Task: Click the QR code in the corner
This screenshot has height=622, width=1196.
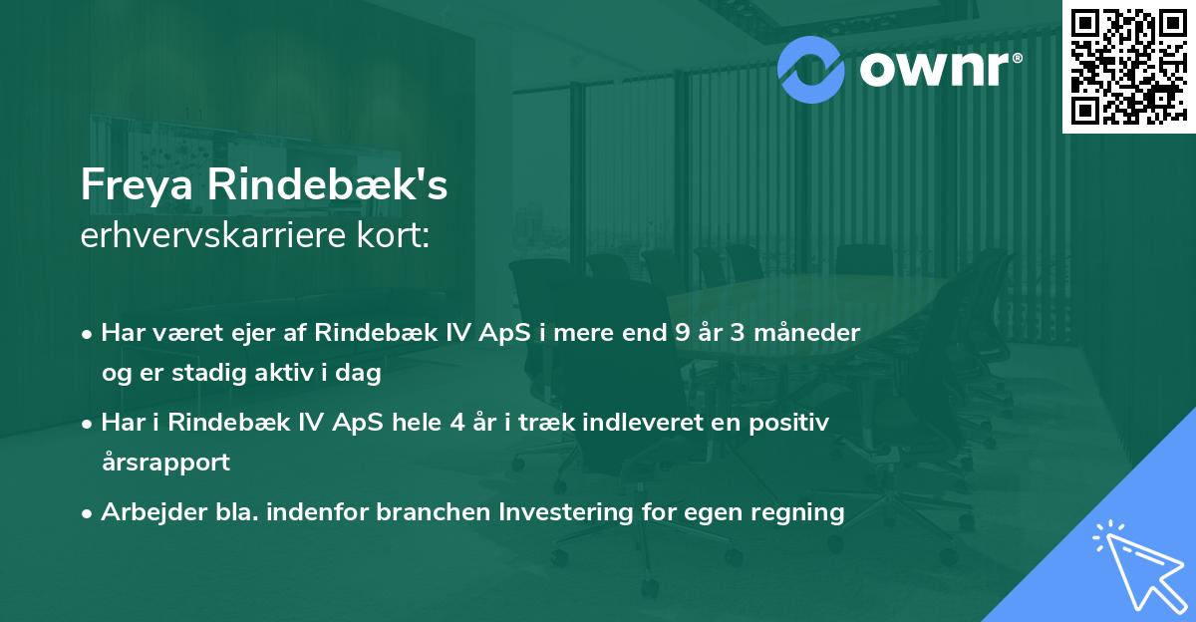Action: point(1128,66)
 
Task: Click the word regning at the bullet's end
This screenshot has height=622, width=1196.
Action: point(804,512)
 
